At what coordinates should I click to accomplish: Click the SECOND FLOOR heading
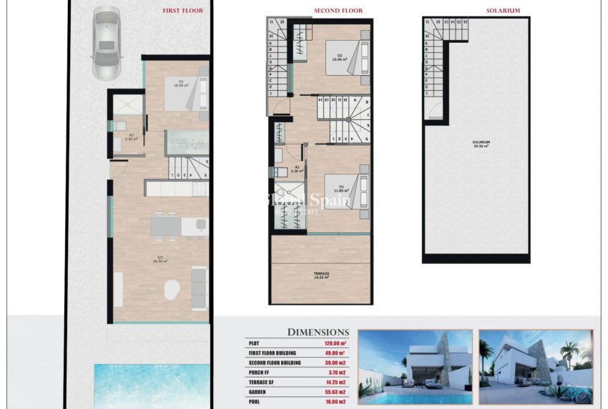click(x=338, y=11)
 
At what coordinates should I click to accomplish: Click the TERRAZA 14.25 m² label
click(x=321, y=275)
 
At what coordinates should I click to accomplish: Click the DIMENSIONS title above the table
click(x=318, y=332)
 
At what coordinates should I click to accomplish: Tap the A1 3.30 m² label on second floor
click(x=296, y=170)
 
